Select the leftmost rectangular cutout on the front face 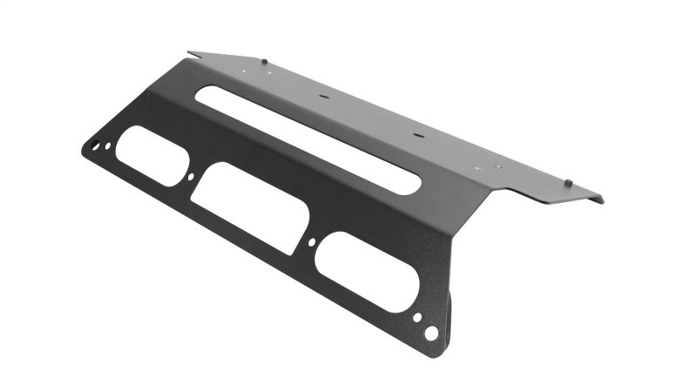(150, 156)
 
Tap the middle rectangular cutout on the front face (246, 207)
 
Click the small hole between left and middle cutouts (192, 179)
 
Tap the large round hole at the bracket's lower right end (430, 332)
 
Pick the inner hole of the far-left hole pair (107, 145)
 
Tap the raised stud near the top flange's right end (567, 182)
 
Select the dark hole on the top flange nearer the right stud (416, 136)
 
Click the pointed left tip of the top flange (189, 52)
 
